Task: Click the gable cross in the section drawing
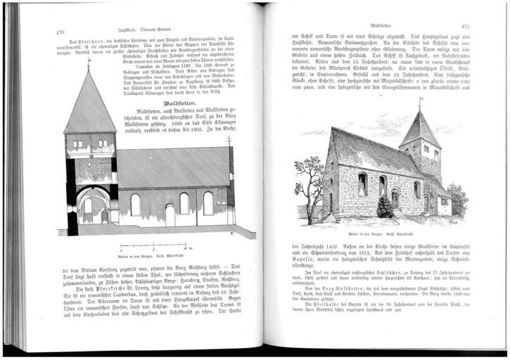229,140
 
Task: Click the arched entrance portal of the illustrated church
395,198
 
